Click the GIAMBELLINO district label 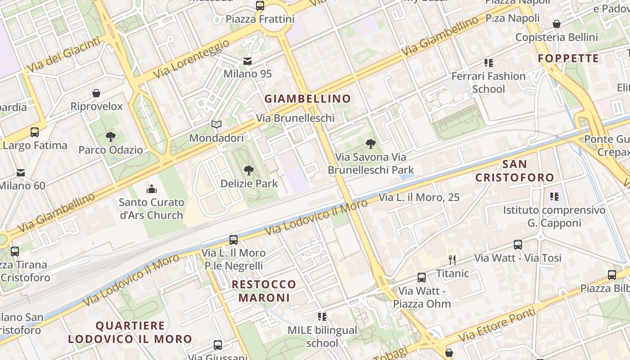tap(307, 99)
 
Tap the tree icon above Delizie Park tap(248, 170)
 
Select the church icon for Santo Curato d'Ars tap(152, 189)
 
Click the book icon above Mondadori tap(216, 124)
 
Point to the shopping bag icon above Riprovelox tap(96, 93)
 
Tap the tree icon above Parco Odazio tap(110, 136)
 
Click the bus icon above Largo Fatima tap(35, 132)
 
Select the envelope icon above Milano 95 tap(247, 61)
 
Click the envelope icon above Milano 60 tap(21, 172)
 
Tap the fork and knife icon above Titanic tap(452, 260)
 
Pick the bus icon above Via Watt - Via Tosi tap(518, 245)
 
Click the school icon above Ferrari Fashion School tap(488, 63)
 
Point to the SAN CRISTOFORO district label tap(514, 171)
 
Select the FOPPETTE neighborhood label tap(568, 58)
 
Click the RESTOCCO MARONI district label tap(264, 291)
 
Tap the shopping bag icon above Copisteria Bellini tap(557, 24)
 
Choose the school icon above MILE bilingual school tap(322, 317)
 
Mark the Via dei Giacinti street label tap(64, 55)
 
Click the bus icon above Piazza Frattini tap(260, 6)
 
